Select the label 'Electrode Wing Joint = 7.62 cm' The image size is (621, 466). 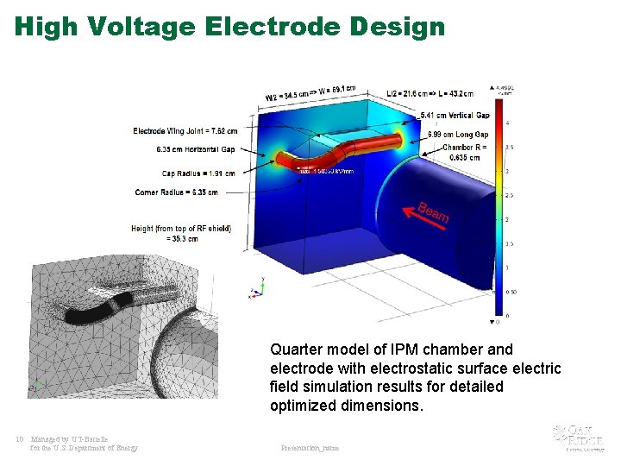(x=185, y=131)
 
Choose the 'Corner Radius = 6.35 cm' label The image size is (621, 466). (x=176, y=192)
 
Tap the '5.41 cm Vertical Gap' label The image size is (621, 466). (x=454, y=116)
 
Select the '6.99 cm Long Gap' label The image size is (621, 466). (x=458, y=135)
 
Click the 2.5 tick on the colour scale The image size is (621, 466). (x=508, y=196)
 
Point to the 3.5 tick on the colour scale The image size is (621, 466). (x=508, y=148)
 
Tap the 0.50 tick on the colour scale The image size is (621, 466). (x=510, y=293)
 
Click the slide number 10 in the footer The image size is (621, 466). (x=19, y=439)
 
